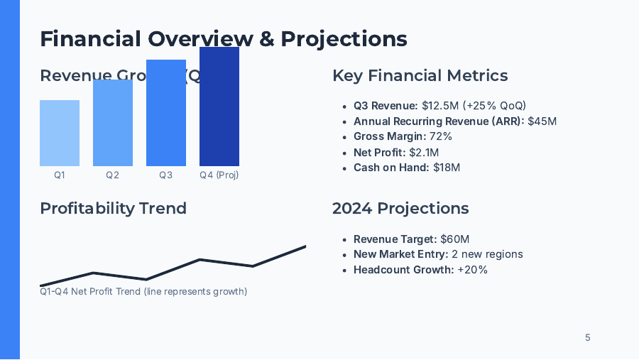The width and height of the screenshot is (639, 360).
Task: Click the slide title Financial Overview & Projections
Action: pos(224,38)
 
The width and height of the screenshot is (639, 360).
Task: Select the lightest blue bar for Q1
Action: pos(60,133)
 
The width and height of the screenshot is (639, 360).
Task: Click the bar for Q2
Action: pos(113,123)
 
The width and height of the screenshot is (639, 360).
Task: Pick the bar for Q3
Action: pos(166,114)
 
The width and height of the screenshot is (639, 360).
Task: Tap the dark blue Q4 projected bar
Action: pos(219,107)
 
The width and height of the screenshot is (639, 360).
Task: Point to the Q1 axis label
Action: pos(60,175)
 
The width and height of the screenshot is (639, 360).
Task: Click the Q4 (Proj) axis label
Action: pos(219,175)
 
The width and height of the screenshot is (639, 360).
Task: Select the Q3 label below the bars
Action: pos(166,175)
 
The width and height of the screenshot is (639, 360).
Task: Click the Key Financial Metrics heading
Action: pos(420,76)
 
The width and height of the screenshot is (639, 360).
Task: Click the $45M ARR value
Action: pos(542,121)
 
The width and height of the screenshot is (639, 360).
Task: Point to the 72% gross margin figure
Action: pos(440,136)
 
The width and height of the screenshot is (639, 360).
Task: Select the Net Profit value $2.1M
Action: pos(424,152)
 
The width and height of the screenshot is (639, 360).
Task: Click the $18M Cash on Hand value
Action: pos(447,168)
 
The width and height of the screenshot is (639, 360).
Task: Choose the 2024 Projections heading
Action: pos(400,208)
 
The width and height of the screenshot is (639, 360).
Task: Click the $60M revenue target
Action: pos(454,239)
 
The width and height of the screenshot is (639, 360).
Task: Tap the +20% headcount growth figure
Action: pos(472,270)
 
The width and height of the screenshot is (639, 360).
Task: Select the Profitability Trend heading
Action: pos(113,208)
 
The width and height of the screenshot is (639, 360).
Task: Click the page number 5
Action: pos(587,337)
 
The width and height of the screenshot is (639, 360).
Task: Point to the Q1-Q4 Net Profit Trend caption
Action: pos(143,291)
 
